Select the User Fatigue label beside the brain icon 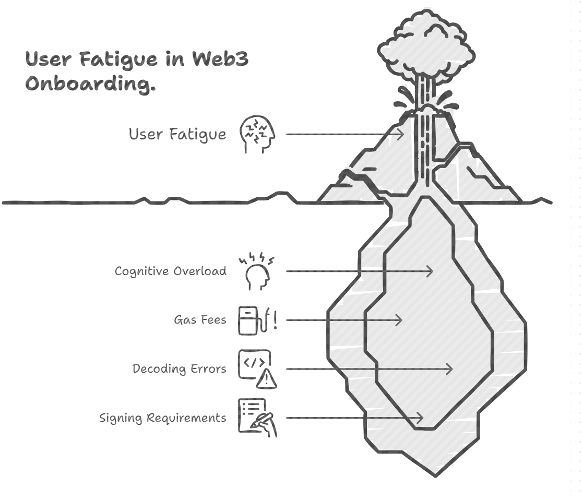click(x=177, y=134)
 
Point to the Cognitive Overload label click(x=171, y=271)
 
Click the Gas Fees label click(x=200, y=320)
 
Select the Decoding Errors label click(x=180, y=369)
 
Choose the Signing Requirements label click(x=163, y=418)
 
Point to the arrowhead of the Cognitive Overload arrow click(x=430, y=271)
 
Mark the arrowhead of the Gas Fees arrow click(x=399, y=320)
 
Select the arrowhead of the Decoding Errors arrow click(x=449, y=369)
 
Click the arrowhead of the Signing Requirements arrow click(x=419, y=418)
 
